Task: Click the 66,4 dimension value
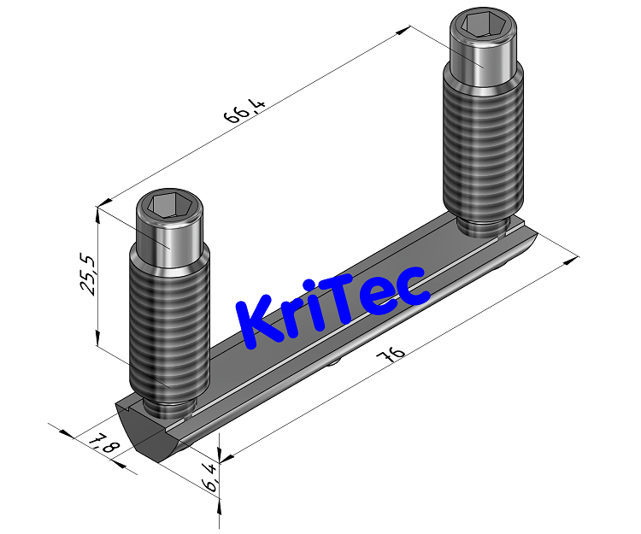pyautogui.click(x=245, y=113)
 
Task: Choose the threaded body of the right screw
pyautogui.click(x=482, y=145)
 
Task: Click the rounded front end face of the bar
pyautogui.click(x=154, y=437)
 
